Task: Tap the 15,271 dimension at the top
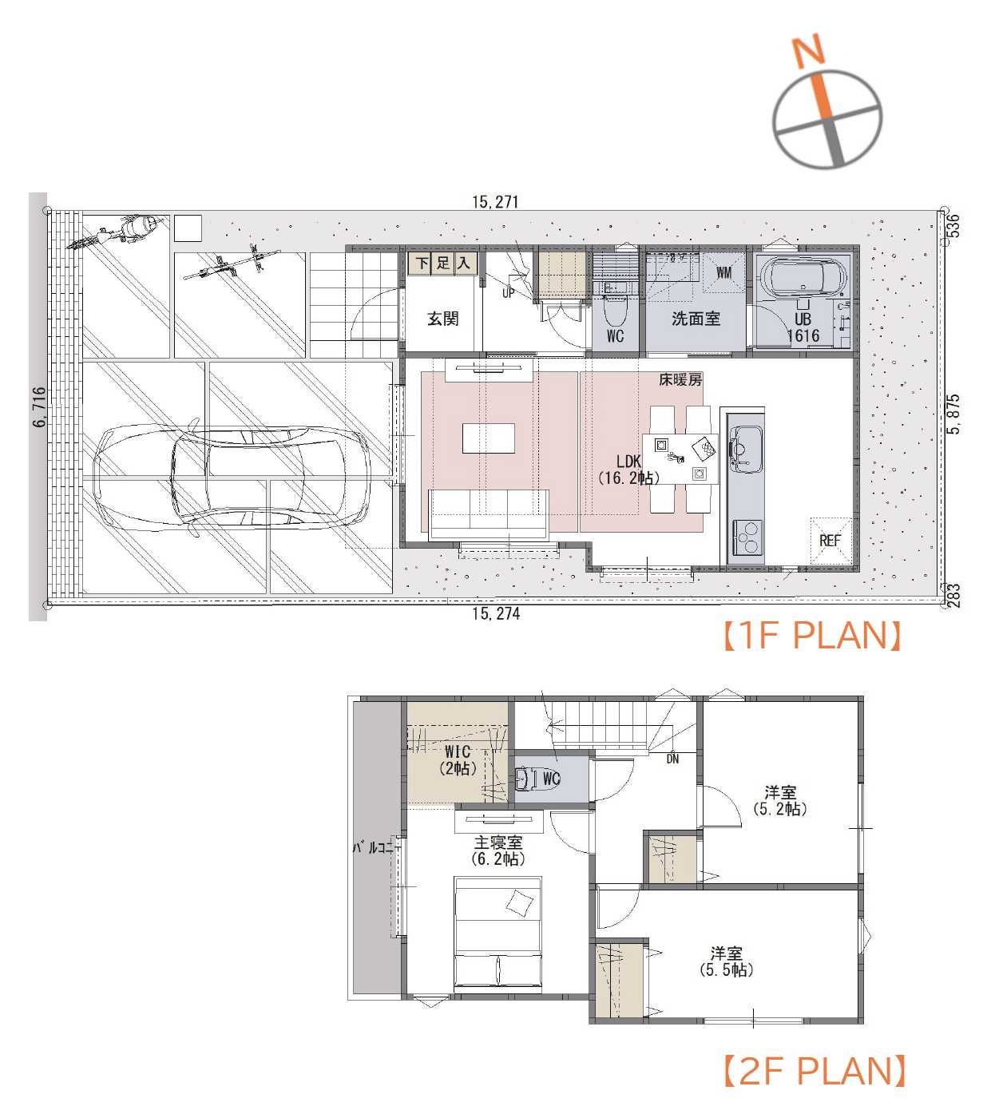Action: (x=495, y=202)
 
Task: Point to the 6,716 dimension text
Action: (x=39, y=406)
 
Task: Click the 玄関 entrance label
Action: (x=442, y=319)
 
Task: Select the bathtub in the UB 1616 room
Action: (x=803, y=277)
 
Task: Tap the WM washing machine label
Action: (x=723, y=272)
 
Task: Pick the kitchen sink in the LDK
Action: (x=746, y=450)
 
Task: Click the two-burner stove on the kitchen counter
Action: (x=747, y=537)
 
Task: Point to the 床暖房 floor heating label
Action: (x=680, y=379)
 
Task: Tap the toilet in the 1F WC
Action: (x=613, y=312)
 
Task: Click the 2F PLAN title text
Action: (x=815, y=1071)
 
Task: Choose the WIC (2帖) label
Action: (x=458, y=760)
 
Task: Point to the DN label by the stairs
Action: (x=672, y=759)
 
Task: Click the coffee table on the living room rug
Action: (x=488, y=438)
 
